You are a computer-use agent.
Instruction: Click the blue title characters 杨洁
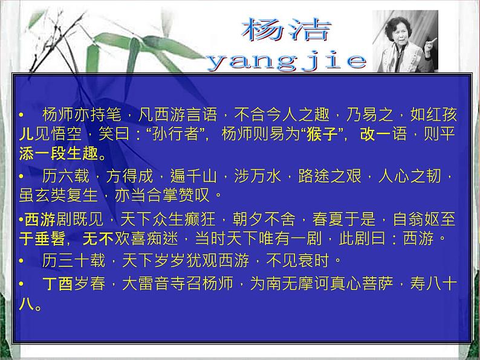(x=286, y=29)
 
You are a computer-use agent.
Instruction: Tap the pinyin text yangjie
(x=287, y=61)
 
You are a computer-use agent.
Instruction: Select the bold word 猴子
(x=322, y=134)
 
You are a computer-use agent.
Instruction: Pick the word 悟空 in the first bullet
(x=66, y=134)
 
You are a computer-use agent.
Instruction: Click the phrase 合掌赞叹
(x=178, y=196)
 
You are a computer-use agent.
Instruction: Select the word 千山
(x=201, y=176)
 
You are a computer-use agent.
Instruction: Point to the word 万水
(x=265, y=176)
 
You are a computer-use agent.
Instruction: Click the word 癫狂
(x=200, y=219)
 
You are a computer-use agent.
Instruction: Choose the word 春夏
(x=328, y=219)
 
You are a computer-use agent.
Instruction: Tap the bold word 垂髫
(x=50, y=239)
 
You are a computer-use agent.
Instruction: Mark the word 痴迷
(x=162, y=239)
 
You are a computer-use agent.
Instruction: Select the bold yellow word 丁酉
(x=57, y=283)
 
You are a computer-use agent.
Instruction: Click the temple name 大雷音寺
(x=154, y=283)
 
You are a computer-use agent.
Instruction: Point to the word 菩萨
(x=378, y=283)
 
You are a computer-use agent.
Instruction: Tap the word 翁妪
(x=424, y=219)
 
